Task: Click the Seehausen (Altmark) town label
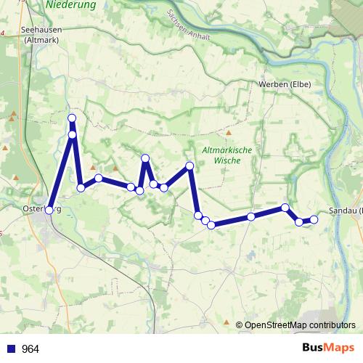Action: coord(41,35)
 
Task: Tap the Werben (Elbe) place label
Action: coord(285,84)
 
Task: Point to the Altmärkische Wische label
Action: coord(227,155)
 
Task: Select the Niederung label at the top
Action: coord(71,4)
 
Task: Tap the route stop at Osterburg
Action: coord(49,210)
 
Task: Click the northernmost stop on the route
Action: coord(72,118)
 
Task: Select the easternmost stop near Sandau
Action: coord(314,219)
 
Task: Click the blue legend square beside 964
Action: coord(11,349)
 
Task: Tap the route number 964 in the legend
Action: coord(30,349)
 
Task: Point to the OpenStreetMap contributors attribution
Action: coord(300,325)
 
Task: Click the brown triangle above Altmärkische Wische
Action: coord(228,134)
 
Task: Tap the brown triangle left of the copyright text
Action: coord(227,322)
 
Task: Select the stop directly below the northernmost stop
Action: coord(73,134)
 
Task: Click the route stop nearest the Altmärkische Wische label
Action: coord(190,166)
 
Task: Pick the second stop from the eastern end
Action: coord(299,221)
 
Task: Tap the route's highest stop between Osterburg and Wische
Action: coord(145,158)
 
